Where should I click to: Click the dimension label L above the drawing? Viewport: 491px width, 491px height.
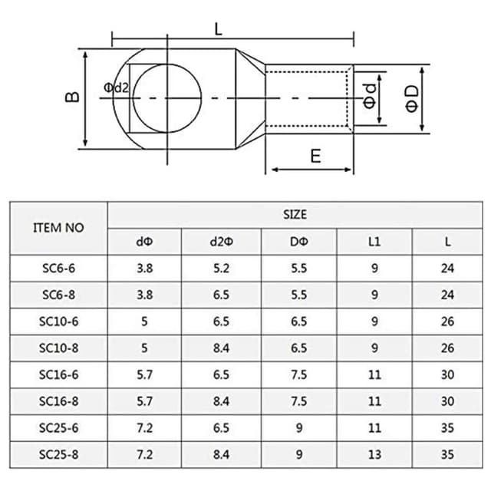[219, 30]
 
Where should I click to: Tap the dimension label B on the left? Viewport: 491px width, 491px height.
[71, 97]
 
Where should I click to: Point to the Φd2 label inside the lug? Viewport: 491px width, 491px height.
[116, 89]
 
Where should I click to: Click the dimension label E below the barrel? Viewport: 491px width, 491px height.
[315, 156]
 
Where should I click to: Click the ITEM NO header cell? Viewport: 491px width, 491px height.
[59, 228]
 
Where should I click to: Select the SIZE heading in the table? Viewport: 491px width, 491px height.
[294, 215]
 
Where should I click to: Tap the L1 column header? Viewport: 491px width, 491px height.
[374, 242]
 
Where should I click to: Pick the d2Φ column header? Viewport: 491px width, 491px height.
[221, 242]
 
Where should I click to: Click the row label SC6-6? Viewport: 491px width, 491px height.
[59, 269]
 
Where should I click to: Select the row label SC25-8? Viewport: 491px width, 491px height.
[59, 454]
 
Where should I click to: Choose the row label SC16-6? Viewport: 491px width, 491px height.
[59, 374]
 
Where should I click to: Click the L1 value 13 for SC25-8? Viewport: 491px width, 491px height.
[374, 454]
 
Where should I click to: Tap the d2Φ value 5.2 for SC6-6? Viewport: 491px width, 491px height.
[221, 269]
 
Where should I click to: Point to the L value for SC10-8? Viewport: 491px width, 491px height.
[448, 348]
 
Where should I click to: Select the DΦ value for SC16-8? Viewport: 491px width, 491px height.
[299, 401]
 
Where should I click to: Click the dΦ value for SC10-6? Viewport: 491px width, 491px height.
[144, 321]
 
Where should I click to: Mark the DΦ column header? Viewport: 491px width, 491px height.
[299, 242]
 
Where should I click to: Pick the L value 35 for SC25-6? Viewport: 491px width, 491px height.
[448, 427]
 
